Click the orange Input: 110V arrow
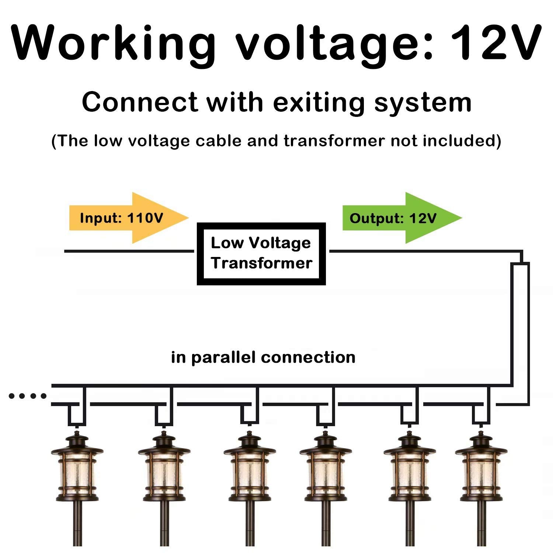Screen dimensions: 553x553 pyautogui.click(x=129, y=218)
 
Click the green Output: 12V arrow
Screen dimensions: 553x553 pyautogui.click(x=402, y=218)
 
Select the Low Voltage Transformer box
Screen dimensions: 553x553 pyautogui.click(x=261, y=254)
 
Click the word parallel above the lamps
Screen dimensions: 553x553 pyautogui.click(x=223, y=358)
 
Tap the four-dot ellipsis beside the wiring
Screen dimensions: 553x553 pyautogui.click(x=28, y=396)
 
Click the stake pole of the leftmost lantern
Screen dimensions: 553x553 pyautogui.click(x=77, y=524)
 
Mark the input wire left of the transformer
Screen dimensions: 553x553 pyautogui.click(x=129, y=251)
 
